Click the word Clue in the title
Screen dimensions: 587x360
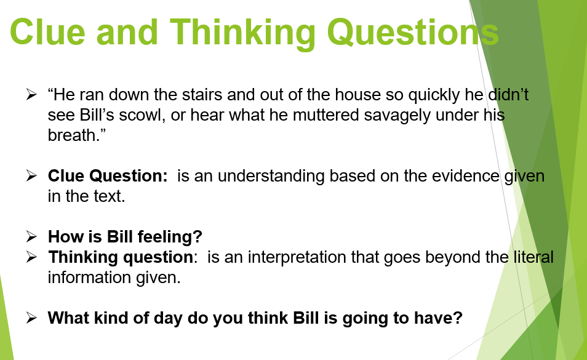[47, 32]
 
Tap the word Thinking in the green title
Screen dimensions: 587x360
[242, 34]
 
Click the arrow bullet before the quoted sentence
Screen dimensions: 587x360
[31, 94]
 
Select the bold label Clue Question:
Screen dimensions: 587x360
[108, 176]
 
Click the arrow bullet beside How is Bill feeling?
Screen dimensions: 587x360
[31, 236]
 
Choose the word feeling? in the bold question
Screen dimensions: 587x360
[170, 237]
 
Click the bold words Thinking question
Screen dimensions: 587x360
[121, 257]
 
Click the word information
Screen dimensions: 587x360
[89, 278]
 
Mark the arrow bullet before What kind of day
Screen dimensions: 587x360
[31, 318]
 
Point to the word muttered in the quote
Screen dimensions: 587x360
[325, 115]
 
